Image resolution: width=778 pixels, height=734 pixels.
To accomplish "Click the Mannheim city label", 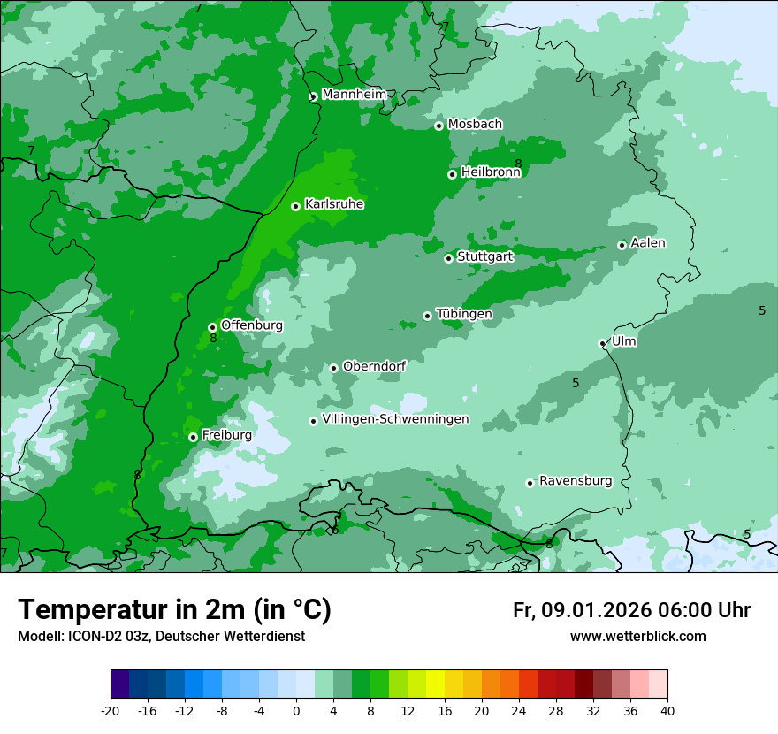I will coord(354,95).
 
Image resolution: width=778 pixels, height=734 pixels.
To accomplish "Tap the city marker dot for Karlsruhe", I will coord(296,206).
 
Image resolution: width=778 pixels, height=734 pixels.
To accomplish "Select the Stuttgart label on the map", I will coord(484,257).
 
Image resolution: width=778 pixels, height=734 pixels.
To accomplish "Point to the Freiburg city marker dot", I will coord(193,437).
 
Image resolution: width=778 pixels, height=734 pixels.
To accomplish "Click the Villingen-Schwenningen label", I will coord(395,419).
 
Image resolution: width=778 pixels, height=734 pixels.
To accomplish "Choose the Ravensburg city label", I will coord(575,481).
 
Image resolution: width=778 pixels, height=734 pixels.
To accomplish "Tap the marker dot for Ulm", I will coord(602,343).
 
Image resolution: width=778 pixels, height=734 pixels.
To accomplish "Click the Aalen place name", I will coord(647,243).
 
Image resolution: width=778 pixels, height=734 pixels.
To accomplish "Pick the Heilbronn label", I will coord(490,172).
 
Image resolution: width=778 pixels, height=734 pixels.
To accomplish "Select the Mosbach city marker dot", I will coord(439,126).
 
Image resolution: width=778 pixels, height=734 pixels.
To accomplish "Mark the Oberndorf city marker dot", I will coord(334,368).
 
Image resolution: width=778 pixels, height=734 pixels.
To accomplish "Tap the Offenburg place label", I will coord(251,325).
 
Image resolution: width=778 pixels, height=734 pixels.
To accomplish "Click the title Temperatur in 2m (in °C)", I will coord(174,610).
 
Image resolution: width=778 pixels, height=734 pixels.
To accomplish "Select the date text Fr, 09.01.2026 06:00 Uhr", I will coord(631,610).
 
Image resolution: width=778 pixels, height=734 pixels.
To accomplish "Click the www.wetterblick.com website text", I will coord(637,636).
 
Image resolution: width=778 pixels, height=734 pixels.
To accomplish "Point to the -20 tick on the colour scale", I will coord(111,710).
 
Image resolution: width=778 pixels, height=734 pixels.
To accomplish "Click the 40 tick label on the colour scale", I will coord(667,710).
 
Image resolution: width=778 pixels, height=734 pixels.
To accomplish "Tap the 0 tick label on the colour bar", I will coord(296,710).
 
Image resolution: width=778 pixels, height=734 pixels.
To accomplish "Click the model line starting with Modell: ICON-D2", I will coord(161,636).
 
